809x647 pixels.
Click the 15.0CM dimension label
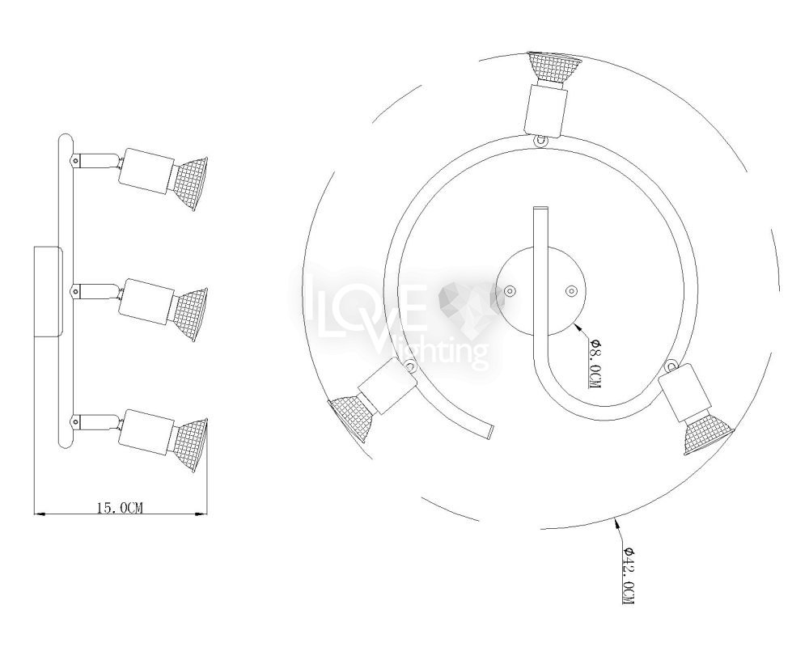[x=119, y=508]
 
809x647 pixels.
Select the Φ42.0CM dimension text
[x=627, y=575]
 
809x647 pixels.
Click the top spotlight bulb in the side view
[x=188, y=182]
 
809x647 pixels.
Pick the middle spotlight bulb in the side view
[x=188, y=315]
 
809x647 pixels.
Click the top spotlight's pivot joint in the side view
[x=76, y=162]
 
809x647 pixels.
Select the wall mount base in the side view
[x=49, y=292]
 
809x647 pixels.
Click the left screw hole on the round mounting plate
[x=510, y=291]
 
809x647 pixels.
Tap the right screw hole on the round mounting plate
[x=570, y=291]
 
